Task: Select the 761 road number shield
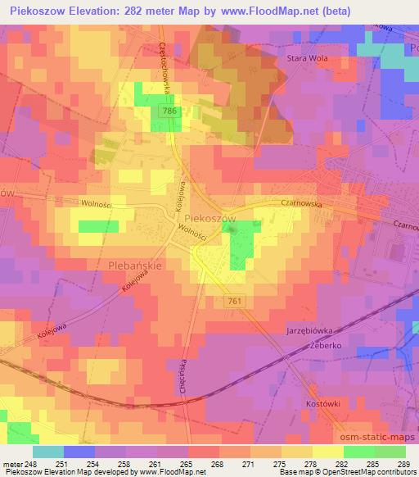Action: point(232,302)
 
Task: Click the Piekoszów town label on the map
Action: point(210,218)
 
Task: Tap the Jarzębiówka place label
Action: point(311,330)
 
